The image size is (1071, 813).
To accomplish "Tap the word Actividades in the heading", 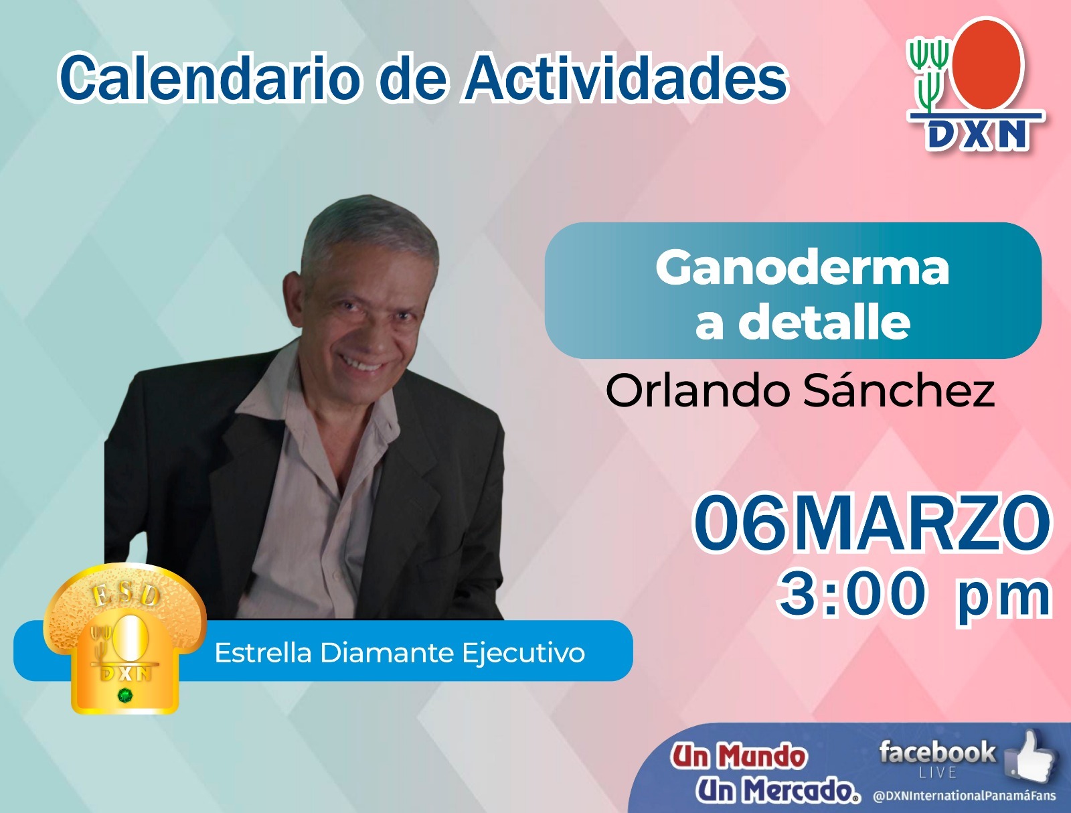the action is (x=626, y=78).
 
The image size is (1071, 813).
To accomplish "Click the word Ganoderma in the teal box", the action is (x=802, y=269).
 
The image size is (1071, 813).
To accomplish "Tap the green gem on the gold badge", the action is (x=125, y=695).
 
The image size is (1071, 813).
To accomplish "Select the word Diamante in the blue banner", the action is (x=387, y=652).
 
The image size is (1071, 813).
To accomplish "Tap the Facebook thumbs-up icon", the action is (x=1029, y=755).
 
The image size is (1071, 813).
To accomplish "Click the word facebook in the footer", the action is (x=937, y=752).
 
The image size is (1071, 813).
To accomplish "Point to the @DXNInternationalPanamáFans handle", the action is (x=964, y=796).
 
